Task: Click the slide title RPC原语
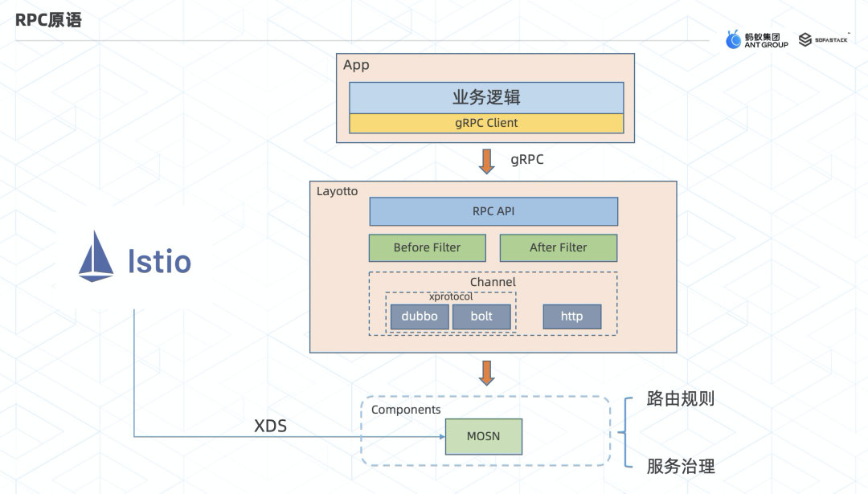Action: click(x=48, y=20)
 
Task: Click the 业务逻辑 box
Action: click(x=486, y=97)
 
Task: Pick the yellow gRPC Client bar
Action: click(x=486, y=123)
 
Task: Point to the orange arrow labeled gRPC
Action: click(x=486, y=161)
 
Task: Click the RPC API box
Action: click(x=493, y=211)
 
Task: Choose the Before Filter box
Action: click(x=427, y=247)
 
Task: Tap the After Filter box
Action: click(x=558, y=247)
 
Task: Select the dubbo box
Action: click(x=420, y=316)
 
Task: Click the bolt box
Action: click(x=481, y=316)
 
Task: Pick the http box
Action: click(x=571, y=316)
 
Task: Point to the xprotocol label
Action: click(x=451, y=296)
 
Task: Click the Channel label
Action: click(x=493, y=282)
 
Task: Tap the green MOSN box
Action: click(x=483, y=436)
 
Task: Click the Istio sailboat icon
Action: click(x=96, y=256)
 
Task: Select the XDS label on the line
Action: click(x=270, y=427)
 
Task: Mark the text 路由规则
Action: click(x=681, y=399)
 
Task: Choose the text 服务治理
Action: click(x=681, y=466)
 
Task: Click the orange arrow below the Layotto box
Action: click(x=486, y=373)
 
